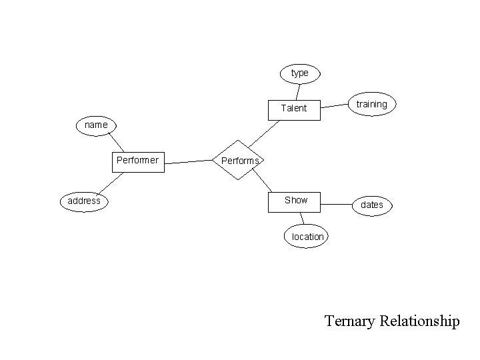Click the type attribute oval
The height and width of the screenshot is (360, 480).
tap(300, 73)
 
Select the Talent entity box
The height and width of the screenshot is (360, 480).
tap(294, 108)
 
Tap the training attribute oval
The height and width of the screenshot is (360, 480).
tap(371, 104)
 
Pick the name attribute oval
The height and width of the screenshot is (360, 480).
tap(96, 125)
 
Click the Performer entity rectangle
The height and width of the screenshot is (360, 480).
tap(137, 161)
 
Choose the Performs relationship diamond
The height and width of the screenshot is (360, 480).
tap(239, 161)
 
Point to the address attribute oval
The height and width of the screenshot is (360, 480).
tap(84, 201)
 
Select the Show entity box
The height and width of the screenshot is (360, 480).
tap(295, 200)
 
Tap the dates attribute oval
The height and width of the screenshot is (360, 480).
tap(371, 205)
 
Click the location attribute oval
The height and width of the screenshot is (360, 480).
tap(307, 237)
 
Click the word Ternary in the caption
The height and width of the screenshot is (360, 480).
tap(349, 321)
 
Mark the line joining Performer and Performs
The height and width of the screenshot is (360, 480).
tap(188, 161)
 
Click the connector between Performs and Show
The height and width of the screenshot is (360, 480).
tap(263, 180)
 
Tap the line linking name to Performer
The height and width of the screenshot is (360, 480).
tap(117, 143)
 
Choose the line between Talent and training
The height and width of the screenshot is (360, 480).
tap(335, 106)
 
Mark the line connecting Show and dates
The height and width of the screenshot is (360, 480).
tap(337, 201)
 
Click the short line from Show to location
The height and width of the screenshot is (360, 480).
tap(302, 219)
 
